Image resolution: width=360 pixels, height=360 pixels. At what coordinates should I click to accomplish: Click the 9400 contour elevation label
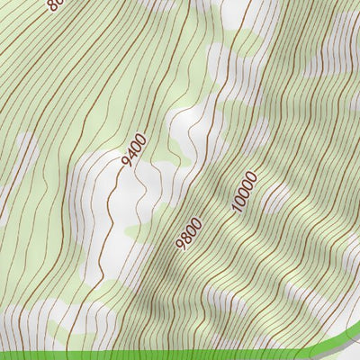click(132, 149)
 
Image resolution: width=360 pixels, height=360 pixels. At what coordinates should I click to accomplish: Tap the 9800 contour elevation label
click(189, 232)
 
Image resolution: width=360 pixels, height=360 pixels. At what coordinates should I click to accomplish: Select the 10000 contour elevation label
click(243, 191)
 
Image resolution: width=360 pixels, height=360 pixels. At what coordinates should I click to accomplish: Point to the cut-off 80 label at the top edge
click(55, 5)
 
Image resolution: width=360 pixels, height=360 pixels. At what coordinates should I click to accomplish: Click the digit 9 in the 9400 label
click(124, 164)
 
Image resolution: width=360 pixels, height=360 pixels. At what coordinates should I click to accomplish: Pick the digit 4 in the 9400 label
click(130, 154)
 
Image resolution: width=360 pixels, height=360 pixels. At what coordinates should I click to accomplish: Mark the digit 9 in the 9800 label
click(182, 245)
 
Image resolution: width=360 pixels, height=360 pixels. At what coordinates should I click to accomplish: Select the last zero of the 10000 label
click(251, 174)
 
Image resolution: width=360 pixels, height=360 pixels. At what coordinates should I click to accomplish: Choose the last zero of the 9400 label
click(140, 136)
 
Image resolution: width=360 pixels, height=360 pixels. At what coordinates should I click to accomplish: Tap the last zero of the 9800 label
click(195, 220)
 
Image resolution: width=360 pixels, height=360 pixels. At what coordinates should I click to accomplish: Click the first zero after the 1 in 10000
click(238, 200)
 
